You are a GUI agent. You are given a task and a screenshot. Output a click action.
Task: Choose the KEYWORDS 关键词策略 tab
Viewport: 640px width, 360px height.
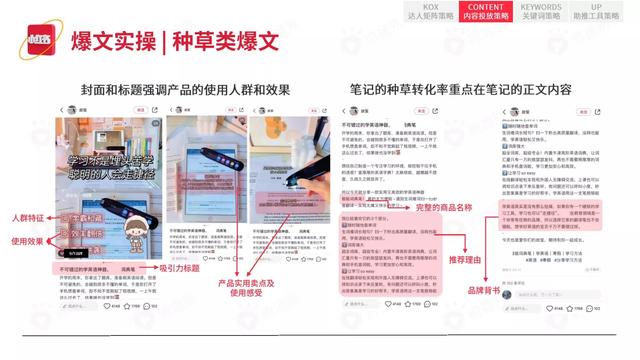pos(541,11)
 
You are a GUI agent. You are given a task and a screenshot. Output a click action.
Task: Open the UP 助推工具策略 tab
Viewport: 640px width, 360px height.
pos(596,11)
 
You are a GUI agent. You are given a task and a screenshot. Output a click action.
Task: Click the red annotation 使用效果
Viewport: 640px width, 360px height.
pos(30,241)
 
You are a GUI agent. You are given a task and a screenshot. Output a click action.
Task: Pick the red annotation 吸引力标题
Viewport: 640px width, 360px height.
pos(184,269)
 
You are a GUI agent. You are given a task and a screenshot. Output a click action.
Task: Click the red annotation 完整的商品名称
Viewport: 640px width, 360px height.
pos(420,219)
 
